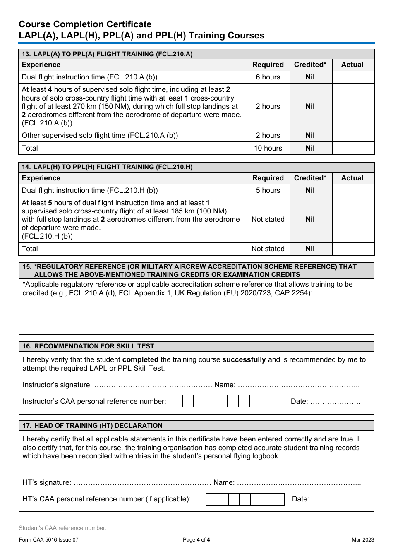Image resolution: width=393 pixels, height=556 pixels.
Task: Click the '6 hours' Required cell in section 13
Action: (x=268, y=77)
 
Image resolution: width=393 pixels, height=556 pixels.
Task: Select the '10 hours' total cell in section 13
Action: (x=268, y=148)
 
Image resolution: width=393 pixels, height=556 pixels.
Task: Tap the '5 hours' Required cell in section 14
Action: (x=268, y=190)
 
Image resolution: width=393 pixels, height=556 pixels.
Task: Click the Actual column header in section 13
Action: (x=352, y=65)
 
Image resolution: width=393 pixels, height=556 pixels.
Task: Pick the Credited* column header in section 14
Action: (x=310, y=178)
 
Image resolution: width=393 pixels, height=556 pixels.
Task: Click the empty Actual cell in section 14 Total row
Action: (x=353, y=249)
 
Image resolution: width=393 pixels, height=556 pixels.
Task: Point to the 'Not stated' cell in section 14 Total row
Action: (x=268, y=249)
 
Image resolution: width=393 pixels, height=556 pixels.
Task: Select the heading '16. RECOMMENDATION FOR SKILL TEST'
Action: (x=89, y=346)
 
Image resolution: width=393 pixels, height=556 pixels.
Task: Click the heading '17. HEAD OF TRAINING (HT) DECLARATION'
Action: (x=93, y=426)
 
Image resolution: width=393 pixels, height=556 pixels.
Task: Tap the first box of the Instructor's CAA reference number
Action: (x=188, y=401)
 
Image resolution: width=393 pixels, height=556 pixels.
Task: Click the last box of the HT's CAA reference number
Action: (x=279, y=499)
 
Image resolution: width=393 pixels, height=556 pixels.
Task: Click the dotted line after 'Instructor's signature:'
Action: (x=153, y=385)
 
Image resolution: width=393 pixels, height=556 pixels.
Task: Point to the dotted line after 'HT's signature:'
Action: (x=142, y=483)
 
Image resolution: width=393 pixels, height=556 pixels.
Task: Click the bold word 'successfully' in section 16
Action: (x=244, y=359)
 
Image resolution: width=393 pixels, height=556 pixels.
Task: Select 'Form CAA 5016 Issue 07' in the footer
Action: (x=49, y=540)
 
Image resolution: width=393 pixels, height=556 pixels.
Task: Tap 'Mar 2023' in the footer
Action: (x=363, y=540)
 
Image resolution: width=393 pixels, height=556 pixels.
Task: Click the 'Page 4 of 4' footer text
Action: (x=196, y=540)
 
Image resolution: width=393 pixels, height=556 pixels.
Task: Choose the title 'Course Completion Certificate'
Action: (x=85, y=24)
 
